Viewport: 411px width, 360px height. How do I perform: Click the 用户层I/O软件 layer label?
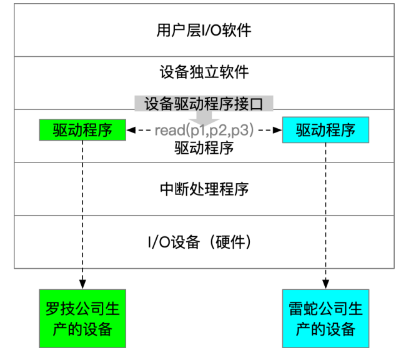(204, 30)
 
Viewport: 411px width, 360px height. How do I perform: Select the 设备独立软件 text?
(204, 72)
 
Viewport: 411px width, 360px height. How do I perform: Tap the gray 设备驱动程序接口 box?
(204, 103)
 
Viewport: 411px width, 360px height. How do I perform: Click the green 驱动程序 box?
(82, 130)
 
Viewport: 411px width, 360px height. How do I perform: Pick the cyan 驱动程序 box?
(325, 130)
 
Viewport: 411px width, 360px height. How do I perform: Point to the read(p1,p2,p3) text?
(204, 130)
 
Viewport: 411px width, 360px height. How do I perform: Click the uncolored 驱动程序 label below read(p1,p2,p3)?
(204, 148)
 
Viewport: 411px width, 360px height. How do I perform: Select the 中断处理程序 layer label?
(204, 189)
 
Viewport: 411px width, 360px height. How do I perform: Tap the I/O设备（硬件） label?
(200, 242)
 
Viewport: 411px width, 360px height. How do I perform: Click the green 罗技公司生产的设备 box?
(82, 319)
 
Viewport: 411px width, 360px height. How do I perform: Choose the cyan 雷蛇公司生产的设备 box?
(325, 319)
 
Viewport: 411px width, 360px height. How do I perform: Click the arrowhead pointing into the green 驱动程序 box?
(131, 130)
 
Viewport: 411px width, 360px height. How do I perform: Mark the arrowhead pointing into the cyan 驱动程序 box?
(277, 130)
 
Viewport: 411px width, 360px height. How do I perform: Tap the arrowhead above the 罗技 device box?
(82, 284)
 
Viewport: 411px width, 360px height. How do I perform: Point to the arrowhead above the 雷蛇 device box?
(325, 284)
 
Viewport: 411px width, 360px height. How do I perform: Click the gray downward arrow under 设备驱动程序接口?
(204, 118)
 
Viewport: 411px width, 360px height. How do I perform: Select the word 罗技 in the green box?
(60, 309)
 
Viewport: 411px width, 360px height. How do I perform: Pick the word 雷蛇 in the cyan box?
(304, 309)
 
